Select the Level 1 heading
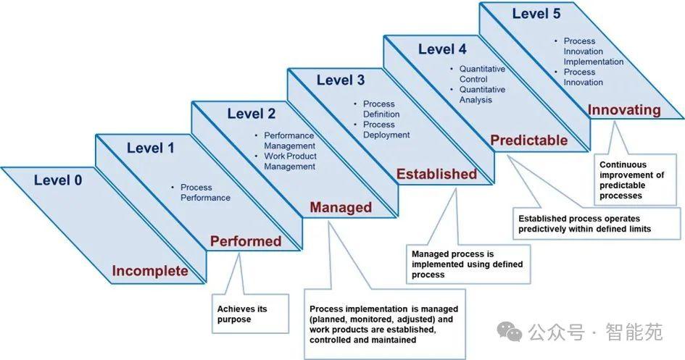coord(151,148)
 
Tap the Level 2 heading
coord(251,113)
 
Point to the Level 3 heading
coord(340,80)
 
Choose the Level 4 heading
coord(442,49)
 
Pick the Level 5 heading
coord(537,13)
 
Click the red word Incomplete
coord(149,272)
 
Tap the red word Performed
coord(246,241)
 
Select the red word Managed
coord(341,208)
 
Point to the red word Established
coord(436,174)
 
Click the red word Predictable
coord(529,141)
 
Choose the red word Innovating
coord(624,110)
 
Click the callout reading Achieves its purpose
coord(242,314)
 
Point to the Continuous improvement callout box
coord(632,180)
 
